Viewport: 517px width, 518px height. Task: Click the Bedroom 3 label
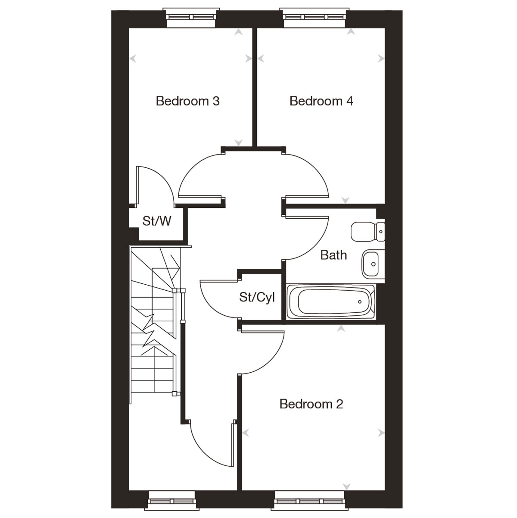(x=187, y=101)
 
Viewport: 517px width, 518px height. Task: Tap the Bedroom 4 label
(x=321, y=101)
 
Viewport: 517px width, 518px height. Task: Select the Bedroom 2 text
(x=311, y=404)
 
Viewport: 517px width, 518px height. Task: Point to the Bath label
(x=333, y=255)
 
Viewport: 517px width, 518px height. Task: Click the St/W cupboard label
(x=157, y=221)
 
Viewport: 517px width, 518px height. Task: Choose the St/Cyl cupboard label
(x=257, y=297)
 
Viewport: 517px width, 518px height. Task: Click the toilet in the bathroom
(x=368, y=232)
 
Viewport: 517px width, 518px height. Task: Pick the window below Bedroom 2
(x=310, y=501)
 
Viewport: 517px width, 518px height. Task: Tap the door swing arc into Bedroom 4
(x=317, y=168)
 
